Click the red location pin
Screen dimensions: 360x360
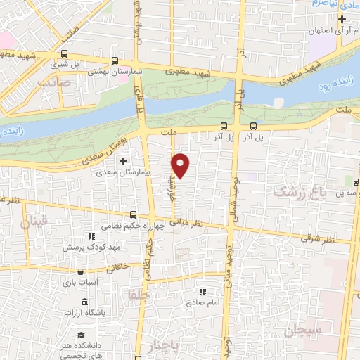click(181, 165)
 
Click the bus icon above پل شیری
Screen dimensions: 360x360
click(65, 53)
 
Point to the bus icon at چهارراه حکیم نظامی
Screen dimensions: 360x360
click(133, 215)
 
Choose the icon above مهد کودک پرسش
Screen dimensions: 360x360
click(89, 237)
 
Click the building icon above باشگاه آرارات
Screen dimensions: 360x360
click(84, 302)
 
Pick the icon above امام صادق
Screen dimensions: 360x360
click(202, 292)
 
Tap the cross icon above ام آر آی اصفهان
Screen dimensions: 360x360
click(342, 19)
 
